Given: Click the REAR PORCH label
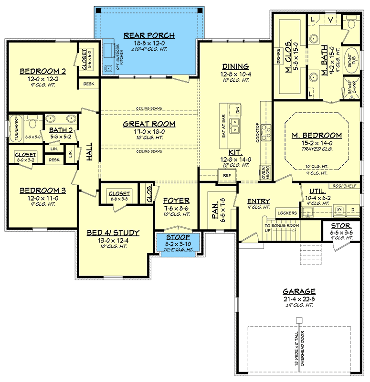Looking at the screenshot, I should click(x=149, y=35).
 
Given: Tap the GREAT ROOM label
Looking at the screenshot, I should click(x=149, y=124).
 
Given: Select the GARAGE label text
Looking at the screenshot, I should click(x=299, y=291).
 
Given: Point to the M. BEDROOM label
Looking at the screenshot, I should click(x=317, y=135).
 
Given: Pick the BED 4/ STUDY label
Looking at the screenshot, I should click(x=113, y=233).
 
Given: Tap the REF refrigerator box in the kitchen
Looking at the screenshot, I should click(x=227, y=175).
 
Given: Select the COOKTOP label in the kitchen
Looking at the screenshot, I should click(x=257, y=131).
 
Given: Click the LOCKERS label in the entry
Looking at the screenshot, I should click(x=287, y=212).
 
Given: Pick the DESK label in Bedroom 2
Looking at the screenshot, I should click(x=88, y=84).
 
